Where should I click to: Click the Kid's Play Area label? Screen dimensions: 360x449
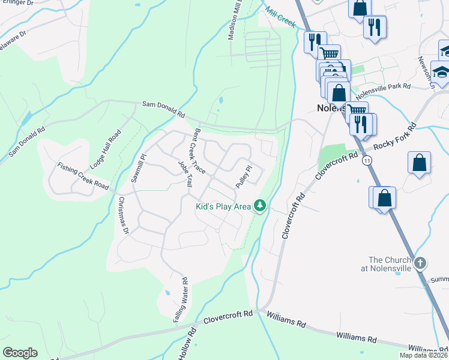coord(223,207)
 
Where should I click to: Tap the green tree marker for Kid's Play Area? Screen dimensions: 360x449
coord(260,206)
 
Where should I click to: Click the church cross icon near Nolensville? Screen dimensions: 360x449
coord(420,262)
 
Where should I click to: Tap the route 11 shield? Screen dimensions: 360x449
coord(367,161)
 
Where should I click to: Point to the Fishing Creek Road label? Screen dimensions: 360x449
coord(83,178)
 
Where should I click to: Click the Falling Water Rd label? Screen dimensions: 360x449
coord(181,300)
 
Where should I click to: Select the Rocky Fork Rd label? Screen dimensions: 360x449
coord(394,137)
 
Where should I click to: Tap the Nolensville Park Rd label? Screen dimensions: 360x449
coord(382,92)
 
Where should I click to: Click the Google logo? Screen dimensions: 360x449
coord(20,353)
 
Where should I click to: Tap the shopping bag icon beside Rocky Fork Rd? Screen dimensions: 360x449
coord(419,163)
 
